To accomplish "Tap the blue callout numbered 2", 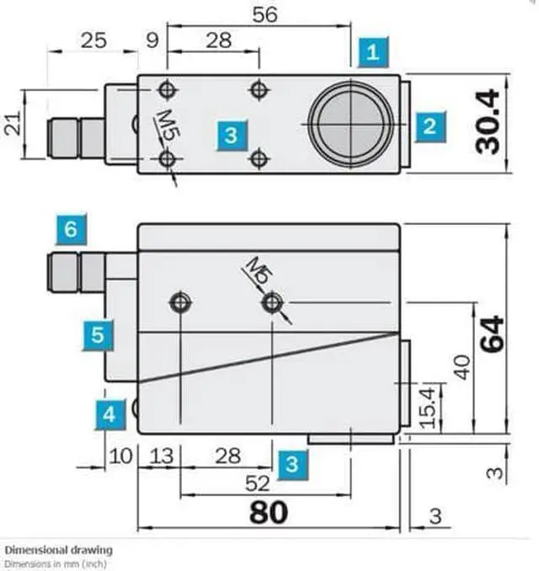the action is (x=430, y=126).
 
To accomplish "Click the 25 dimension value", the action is (x=94, y=40).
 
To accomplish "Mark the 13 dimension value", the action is (x=160, y=456).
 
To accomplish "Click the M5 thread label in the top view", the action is (x=167, y=121).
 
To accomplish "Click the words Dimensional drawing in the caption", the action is (x=58, y=550).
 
